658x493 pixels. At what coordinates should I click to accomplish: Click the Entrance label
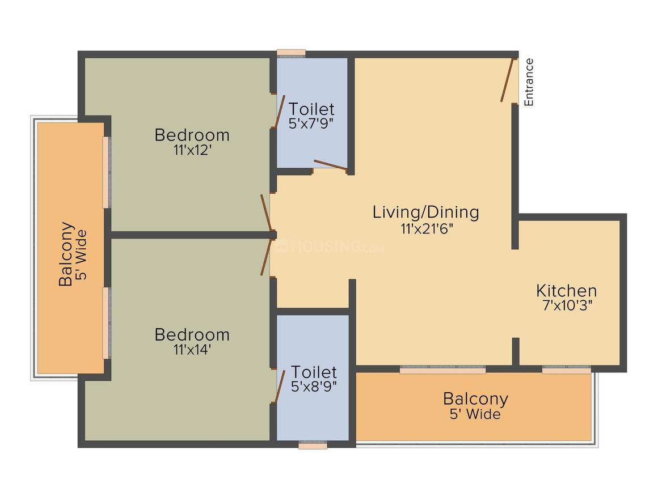[x=529, y=82]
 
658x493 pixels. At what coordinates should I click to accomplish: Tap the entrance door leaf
[x=507, y=80]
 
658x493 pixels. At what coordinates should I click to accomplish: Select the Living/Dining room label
[x=426, y=212]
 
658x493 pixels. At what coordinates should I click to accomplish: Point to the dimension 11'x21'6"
[x=427, y=229]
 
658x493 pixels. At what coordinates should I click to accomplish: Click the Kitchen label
[x=566, y=291]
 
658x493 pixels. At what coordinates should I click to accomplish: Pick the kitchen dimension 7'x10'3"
[x=567, y=305]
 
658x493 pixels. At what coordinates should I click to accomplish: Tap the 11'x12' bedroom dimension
[x=192, y=150]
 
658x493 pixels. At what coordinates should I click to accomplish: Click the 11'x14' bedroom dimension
[x=192, y=349]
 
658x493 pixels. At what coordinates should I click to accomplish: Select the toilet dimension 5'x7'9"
[x=311, y=124]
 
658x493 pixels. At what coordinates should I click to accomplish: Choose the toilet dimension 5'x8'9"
[x=314, y=386]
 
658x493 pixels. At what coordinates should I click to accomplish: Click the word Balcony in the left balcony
[x=66, y=254]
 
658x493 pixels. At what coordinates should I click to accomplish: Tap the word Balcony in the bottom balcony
[x=475, y=399]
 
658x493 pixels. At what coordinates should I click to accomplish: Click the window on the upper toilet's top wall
[x=291, y=53]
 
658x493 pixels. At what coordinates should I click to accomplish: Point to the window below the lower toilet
[x=313, y=445]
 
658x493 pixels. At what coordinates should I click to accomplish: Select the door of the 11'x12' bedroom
[x=266, y=212]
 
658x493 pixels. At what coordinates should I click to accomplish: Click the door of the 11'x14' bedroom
[x=266, y=257]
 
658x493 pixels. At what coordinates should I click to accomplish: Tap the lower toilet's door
[x=280, y=386]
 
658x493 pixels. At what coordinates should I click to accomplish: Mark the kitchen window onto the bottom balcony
[x=567, y=369]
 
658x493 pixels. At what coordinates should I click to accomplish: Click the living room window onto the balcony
[x=442, y=369]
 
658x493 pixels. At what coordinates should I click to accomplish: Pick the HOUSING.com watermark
[x=330, y=246]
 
